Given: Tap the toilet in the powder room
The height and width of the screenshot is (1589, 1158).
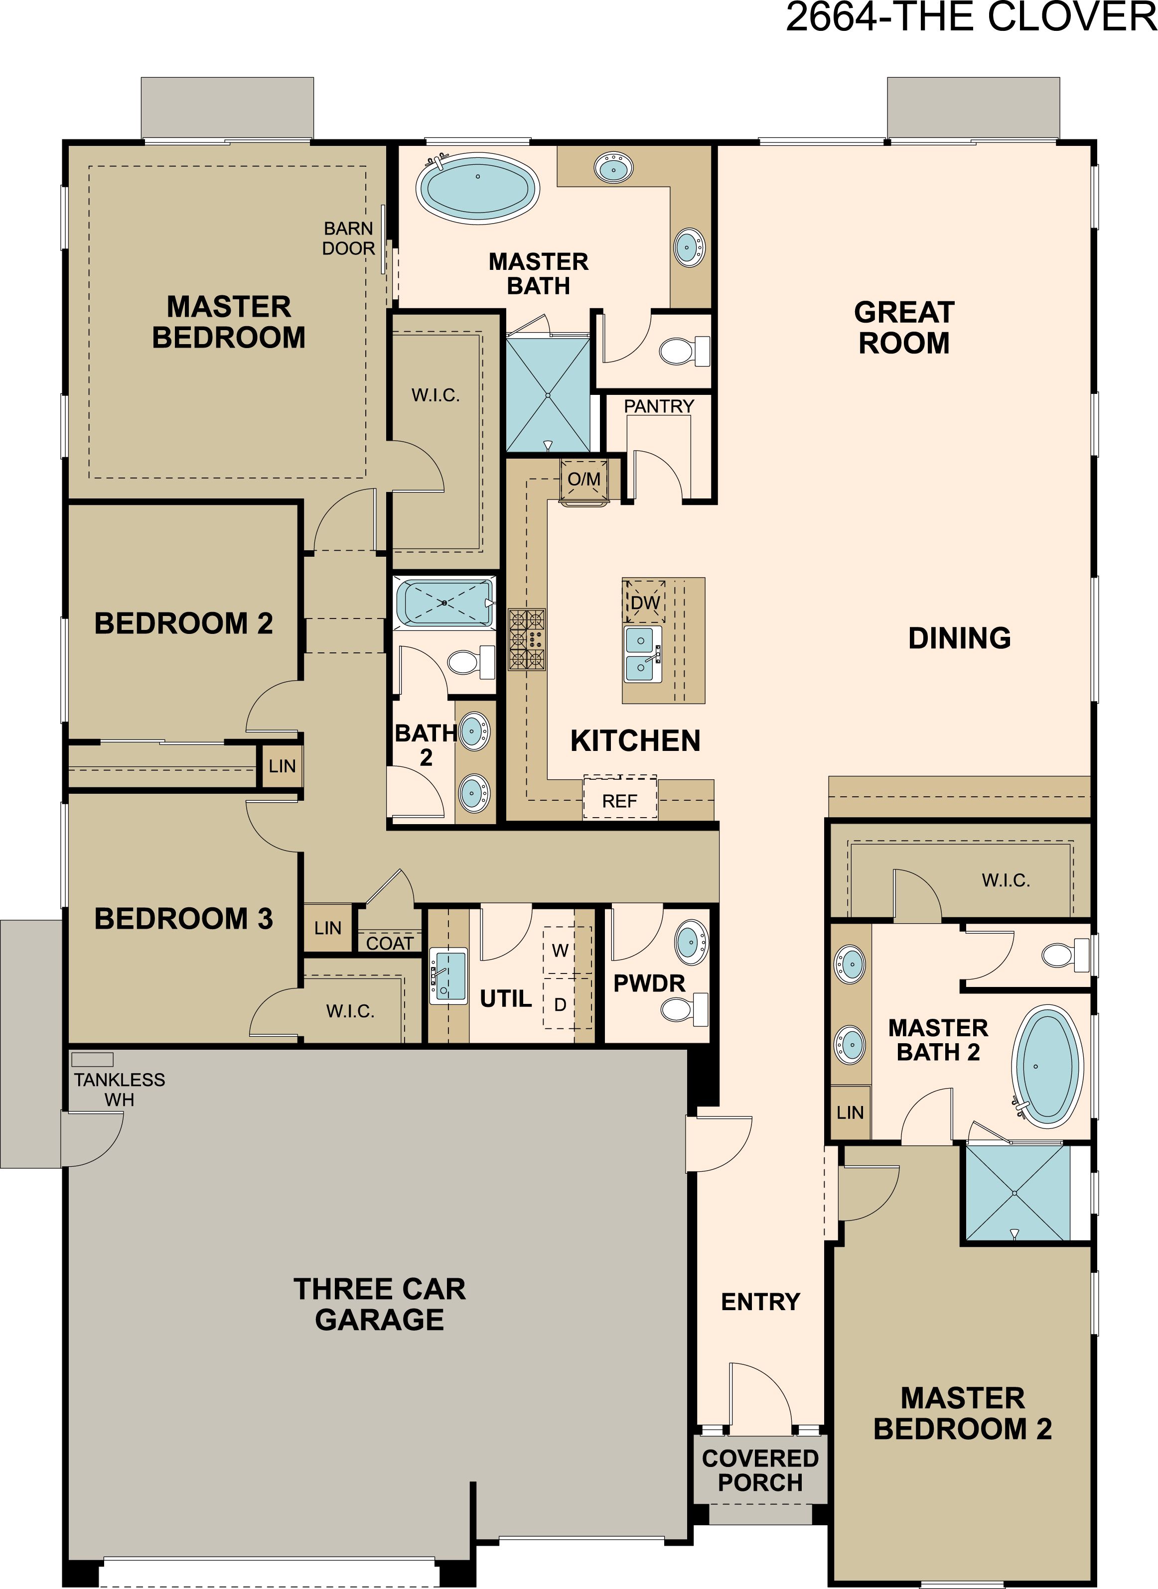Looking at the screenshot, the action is tap(684, 1009).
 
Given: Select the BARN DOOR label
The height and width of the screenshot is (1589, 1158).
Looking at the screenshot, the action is tap(348, 238).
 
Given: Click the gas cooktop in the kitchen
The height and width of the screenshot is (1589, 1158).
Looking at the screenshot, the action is tap(527, 639).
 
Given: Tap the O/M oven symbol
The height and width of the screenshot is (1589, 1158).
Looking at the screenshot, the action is tap(584, 481).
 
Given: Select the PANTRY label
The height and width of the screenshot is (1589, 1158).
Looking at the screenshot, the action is tap(659, 406).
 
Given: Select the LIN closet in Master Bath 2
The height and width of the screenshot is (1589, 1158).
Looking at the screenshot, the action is tap(850, 1112).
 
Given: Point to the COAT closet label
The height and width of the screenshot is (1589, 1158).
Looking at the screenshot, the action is tap(390, 944).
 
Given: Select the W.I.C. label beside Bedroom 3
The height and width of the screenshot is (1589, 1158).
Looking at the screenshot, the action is tap(350, 1011).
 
